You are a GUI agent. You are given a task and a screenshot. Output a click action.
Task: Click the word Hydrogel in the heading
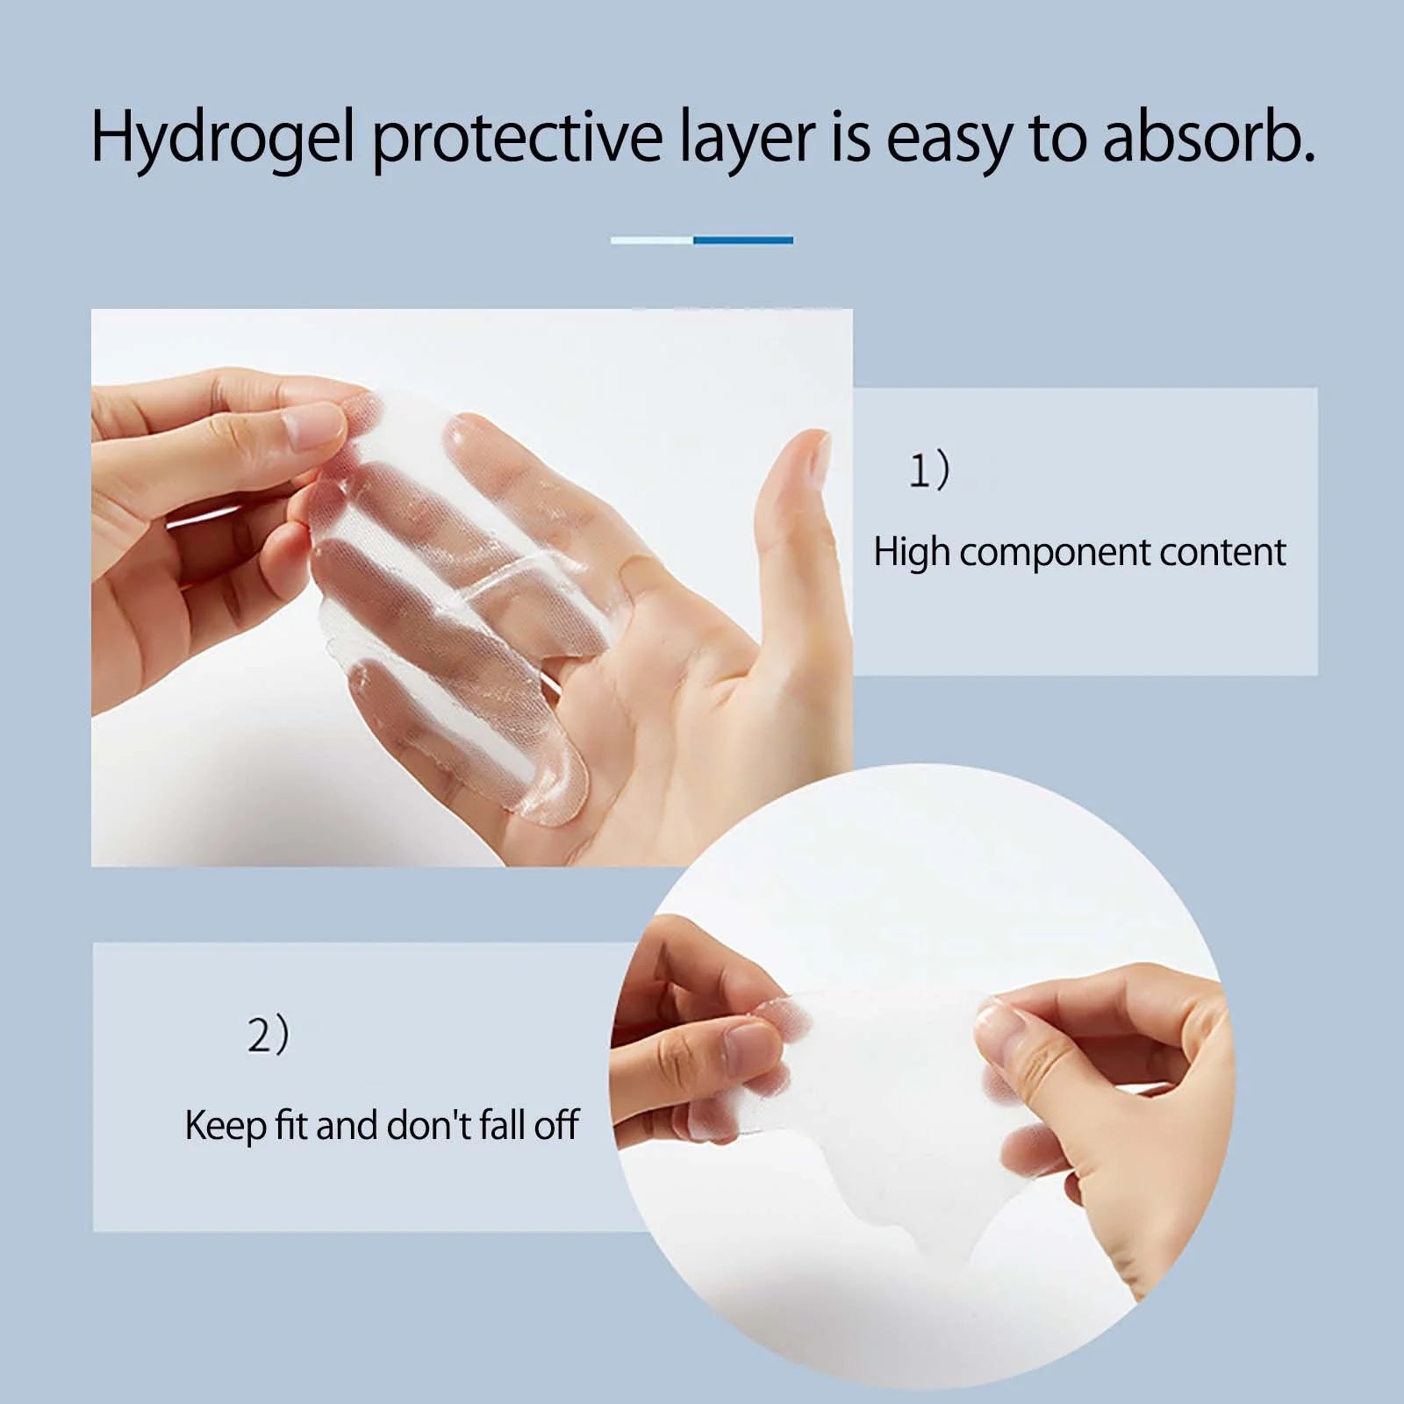222,139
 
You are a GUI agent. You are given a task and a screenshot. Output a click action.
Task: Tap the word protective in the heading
517,139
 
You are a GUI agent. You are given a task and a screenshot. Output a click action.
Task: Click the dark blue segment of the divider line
743,240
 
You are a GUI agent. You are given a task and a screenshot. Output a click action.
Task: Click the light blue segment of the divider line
652,240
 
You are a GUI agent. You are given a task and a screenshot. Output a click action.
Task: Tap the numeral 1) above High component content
929,472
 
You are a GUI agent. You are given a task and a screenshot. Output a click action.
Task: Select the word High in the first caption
912,553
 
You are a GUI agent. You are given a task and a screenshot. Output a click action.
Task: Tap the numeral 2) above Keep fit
268,1035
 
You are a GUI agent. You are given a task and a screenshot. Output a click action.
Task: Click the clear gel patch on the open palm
456,597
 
